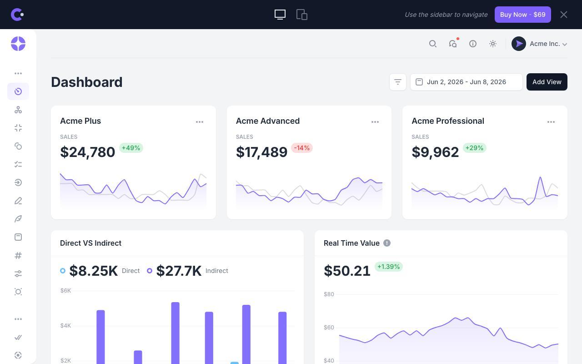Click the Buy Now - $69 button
[x=522, y=15]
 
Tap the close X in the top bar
[x=563, y=15]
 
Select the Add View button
[x=547, y=82]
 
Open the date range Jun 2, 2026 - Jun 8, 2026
[x=466, y=82]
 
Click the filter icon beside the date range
[x=397, y=82]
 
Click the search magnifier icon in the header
[x=432, y=44]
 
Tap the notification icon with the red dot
[x=453, y=43]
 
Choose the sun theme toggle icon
[x=492, y=44]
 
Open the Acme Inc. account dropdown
[x=539, y=44]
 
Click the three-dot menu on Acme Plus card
[x=200, y=122]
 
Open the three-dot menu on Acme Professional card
[x=551, y=122]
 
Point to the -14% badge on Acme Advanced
[x=301, y=148]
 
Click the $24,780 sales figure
[x=88, y=152]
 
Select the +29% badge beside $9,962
[x=474, y=148]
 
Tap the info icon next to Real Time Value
[x=387, y=243]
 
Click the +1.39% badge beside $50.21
[x=388, y=267]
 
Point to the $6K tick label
[x=65, y=291]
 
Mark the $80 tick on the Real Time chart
[x=329, y=294]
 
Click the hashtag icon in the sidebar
[x=18, y=256]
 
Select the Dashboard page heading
[x=87, y=82]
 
